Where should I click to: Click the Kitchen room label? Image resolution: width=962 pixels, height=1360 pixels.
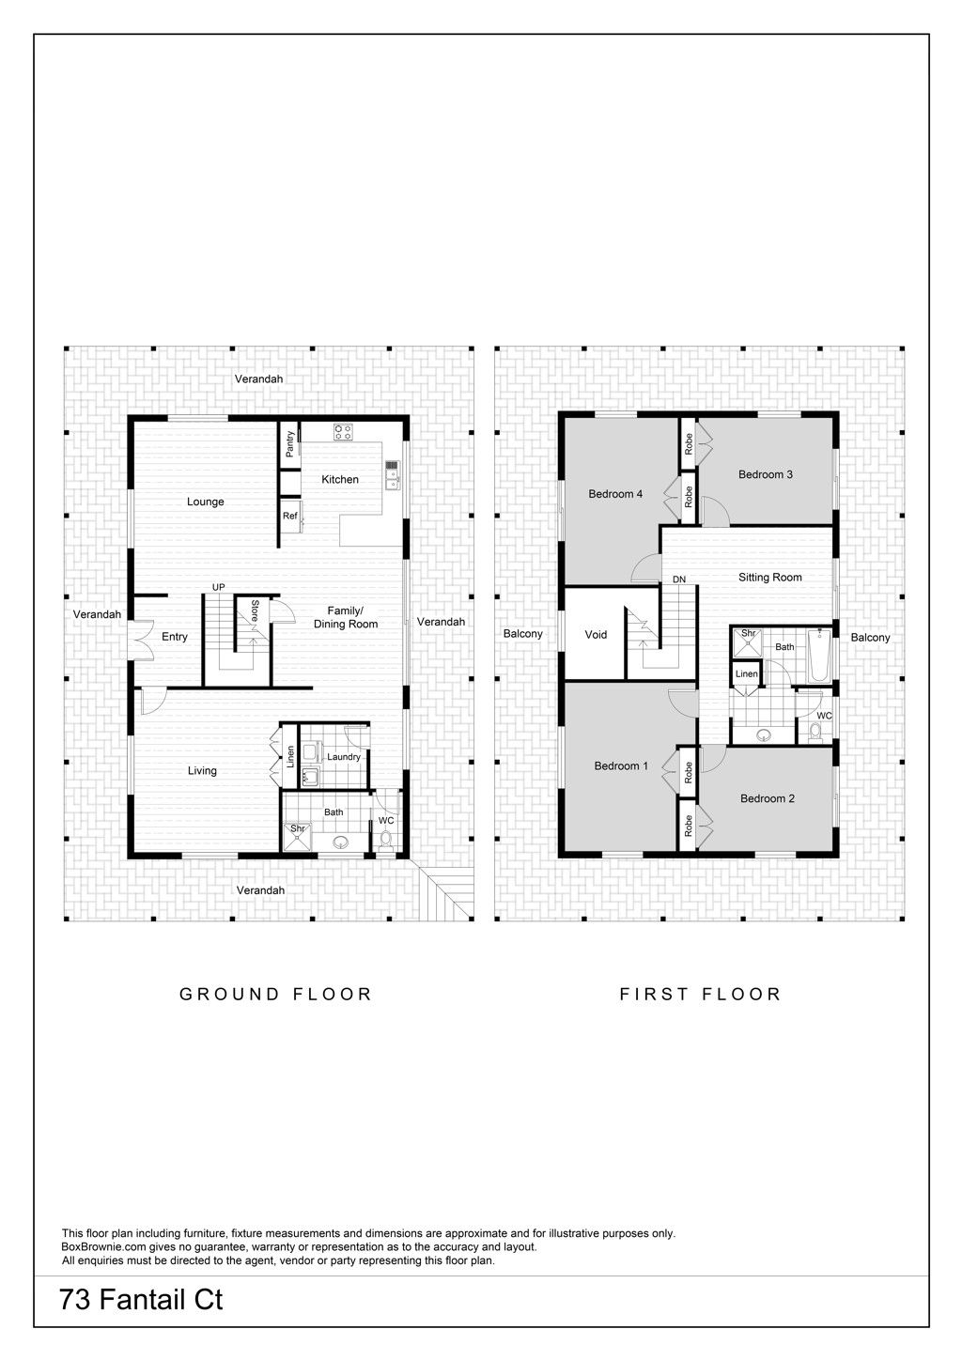[339, 480]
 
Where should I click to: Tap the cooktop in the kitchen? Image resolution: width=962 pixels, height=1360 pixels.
[343, 432]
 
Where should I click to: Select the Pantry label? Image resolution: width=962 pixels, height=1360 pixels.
[289, 444]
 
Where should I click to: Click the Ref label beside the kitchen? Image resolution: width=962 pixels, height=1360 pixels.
[289, 516]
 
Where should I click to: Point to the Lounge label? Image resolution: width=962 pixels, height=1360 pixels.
[206, 502]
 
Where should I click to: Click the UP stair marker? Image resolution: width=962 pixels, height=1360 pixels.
[218, 587]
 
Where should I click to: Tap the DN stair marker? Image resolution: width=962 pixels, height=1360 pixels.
[679, 580]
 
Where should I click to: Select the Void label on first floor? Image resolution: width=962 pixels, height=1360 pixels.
[596, 635]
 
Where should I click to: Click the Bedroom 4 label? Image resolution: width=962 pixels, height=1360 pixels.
[615, 494]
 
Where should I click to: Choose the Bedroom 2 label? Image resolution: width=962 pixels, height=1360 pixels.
[767, 799]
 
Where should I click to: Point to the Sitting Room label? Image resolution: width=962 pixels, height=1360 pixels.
[770, 578]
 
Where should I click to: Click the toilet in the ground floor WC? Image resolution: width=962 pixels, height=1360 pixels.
[385, 840]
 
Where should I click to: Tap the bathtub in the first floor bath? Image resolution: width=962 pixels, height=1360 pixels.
[818, 655]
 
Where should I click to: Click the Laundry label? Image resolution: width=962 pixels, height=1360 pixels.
[344, 757]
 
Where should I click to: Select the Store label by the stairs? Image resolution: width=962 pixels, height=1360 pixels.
[256, 611]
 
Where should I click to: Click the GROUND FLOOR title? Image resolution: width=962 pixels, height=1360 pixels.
[275, 994]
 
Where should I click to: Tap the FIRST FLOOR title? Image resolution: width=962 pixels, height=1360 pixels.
[700, 994]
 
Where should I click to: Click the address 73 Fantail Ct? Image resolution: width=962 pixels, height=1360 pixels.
[141, 1299]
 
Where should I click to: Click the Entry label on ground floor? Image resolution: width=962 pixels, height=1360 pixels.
[175, 637]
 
